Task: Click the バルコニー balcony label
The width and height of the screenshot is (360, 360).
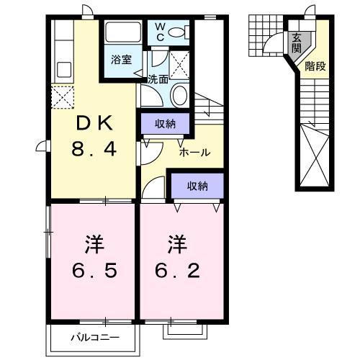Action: pyautogui.click(x=94, y=337)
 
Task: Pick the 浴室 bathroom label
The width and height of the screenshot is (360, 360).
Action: pyautogui.click(x=121, y=60)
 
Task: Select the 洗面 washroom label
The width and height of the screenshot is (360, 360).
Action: pyautogui.click(x=158, y=80)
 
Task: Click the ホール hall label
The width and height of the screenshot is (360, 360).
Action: pyautogui.click(x=194, y=153)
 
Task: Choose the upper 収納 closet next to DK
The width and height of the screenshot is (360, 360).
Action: pyautogui.click(x=164, y=124)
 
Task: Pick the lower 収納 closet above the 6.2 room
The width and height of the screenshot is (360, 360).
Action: pyautogui.click(x=197, y=186)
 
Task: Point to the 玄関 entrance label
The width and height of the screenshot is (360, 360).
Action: pyautogui.click(x=297, y=43)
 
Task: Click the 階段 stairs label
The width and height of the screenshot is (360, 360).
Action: pyautogui.click(x=315, y=67)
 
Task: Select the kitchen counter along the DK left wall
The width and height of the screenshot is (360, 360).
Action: pyautogui.click(x=61, y=54)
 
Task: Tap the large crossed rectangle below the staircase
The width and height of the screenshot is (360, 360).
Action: pyautogui.click(x=315, y=155)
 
